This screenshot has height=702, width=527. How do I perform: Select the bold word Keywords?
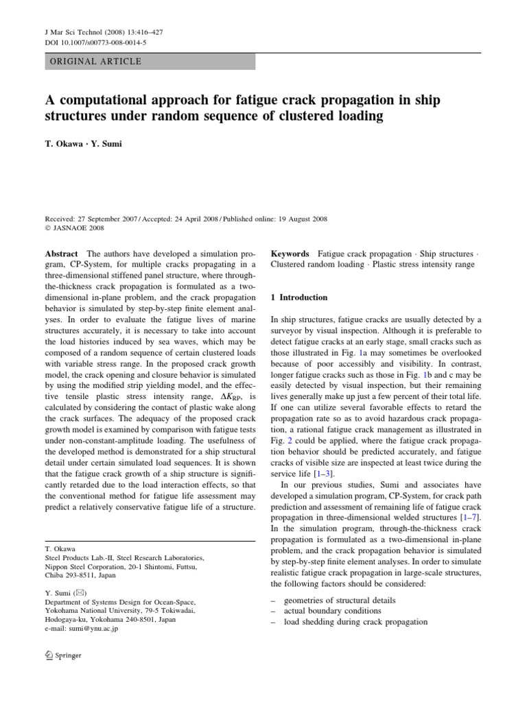pyautogui.click(x=290, y=254)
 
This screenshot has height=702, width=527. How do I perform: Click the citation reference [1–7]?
pyautogui.click(x=467, y=518)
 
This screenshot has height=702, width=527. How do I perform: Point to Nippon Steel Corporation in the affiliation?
pyautogui.click(x=82, y=567)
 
